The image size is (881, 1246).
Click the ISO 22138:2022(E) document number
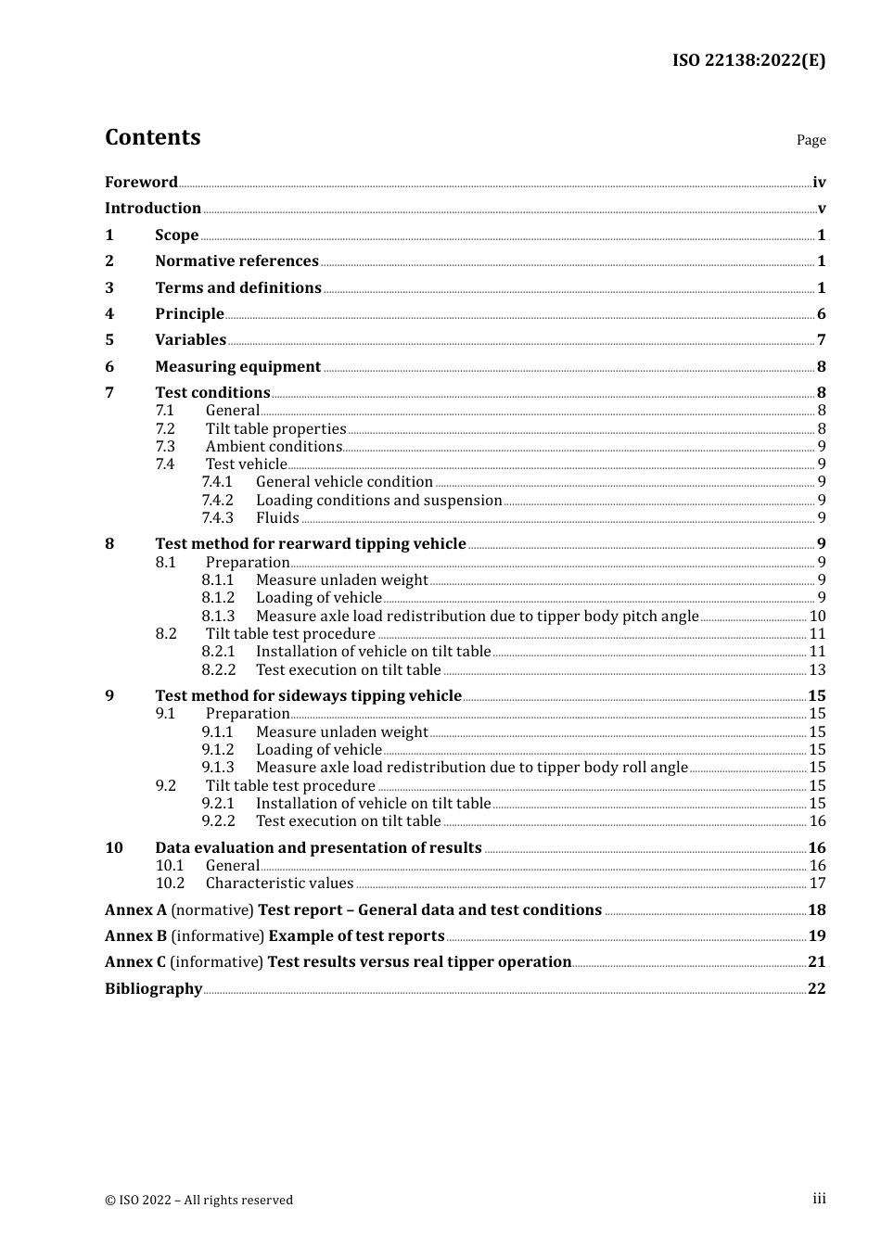748,60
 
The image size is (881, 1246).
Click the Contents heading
152,137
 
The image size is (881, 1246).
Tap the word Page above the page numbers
811,140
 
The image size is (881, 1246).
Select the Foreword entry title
141,183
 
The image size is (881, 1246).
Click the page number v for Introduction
821,209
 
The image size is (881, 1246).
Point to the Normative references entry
236,261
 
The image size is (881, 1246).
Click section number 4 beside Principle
109,314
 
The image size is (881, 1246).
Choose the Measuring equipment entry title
237,367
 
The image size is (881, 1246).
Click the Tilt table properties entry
275,429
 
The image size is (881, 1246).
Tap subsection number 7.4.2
218,501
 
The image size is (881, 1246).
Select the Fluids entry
277,518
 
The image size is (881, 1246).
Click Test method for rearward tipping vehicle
310,544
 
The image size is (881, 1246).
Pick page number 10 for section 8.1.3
817,617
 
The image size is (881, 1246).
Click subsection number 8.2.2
218,670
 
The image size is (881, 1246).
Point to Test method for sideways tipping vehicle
308,696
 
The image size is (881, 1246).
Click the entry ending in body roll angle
471,768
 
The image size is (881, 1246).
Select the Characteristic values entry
279,884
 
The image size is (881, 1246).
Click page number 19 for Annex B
816,936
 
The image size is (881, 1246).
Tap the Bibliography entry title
153,989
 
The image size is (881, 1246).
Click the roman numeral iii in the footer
819,1199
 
